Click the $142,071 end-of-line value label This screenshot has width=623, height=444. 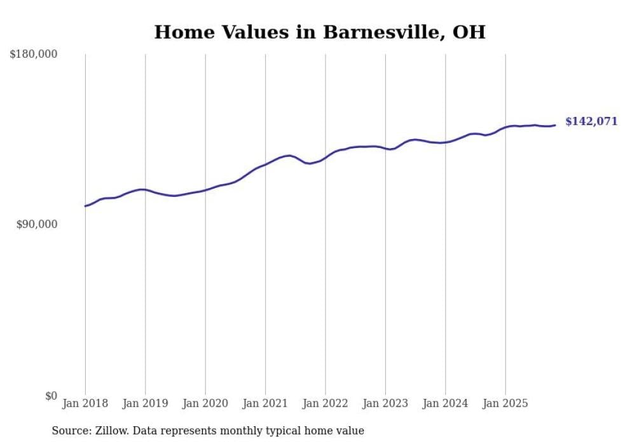[x=591, y=121]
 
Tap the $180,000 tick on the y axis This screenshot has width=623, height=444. [x=34, y=55]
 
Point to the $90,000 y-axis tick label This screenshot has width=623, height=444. [x=36, y=224]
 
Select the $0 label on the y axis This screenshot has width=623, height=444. [x=51, y=396]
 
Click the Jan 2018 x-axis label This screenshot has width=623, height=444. [x=85, y=403]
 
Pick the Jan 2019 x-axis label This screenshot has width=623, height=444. [x=145, y=403]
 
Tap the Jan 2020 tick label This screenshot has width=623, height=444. [x=205, y=403]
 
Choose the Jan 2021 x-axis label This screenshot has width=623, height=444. [x=265, y=403]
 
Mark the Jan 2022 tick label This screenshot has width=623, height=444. [x=325, y=403]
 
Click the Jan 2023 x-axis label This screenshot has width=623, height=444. [x=385, y=403]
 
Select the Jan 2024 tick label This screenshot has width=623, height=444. [x=445, y=403]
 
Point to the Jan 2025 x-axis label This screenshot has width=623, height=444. [x=505, y=403]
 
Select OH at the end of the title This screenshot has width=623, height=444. [x=469, y=32]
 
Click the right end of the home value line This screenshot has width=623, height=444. [x=555, y=125]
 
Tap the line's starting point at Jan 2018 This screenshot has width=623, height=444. [x=85, y=206]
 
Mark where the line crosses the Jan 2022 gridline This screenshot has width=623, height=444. [x=325, y=157]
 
